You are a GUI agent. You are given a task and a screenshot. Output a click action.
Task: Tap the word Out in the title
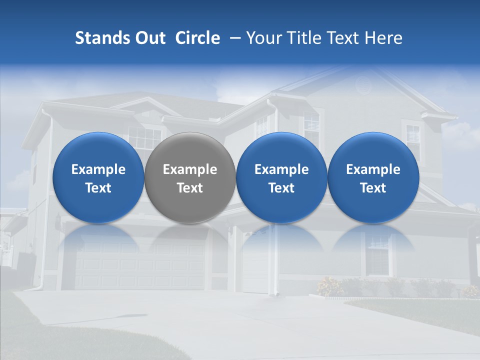[149, 38]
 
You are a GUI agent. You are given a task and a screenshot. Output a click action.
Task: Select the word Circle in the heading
[197, 38]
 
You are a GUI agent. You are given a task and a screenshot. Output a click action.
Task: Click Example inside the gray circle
[190, 169]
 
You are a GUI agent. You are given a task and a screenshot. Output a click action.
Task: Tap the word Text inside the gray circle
[190, 188]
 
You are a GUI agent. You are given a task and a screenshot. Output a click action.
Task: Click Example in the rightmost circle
[373, 169]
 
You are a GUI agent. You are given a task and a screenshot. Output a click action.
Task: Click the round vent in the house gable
[363, 85]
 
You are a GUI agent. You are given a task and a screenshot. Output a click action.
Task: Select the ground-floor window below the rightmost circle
[377, 255]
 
